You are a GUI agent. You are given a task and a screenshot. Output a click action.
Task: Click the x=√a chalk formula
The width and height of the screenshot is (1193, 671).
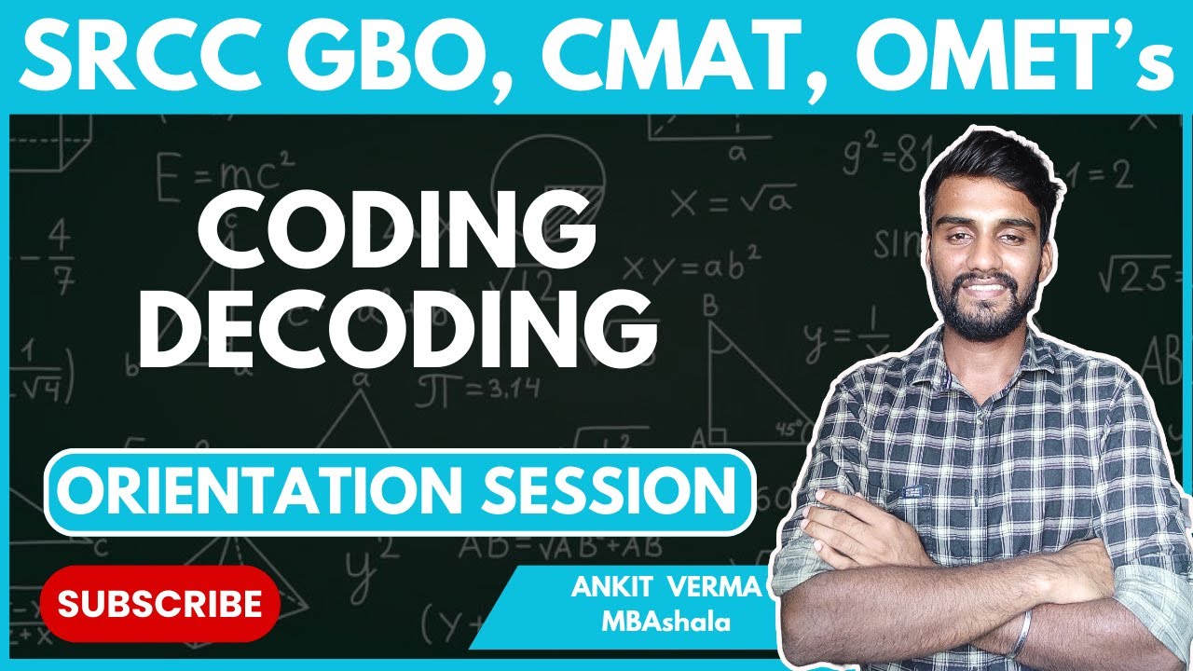click(734, 199)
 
